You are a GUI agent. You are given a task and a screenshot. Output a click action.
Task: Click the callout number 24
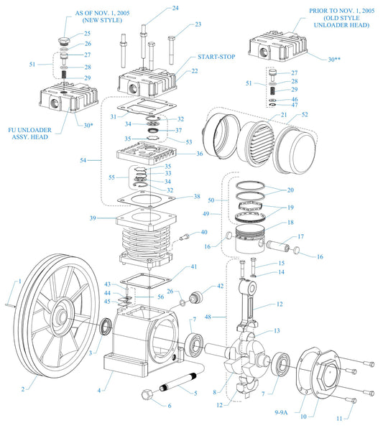tap(175, 9)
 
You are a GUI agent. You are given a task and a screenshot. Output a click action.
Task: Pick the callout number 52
tap(325, 114)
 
